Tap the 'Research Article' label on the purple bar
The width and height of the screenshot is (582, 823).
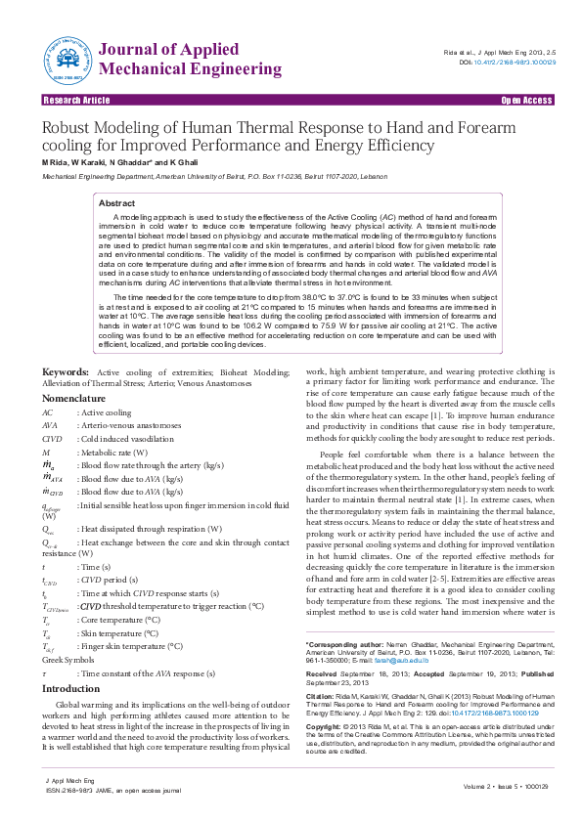(x=76, y=101)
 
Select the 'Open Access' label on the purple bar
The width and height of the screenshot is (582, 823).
(x=526, y=101)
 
